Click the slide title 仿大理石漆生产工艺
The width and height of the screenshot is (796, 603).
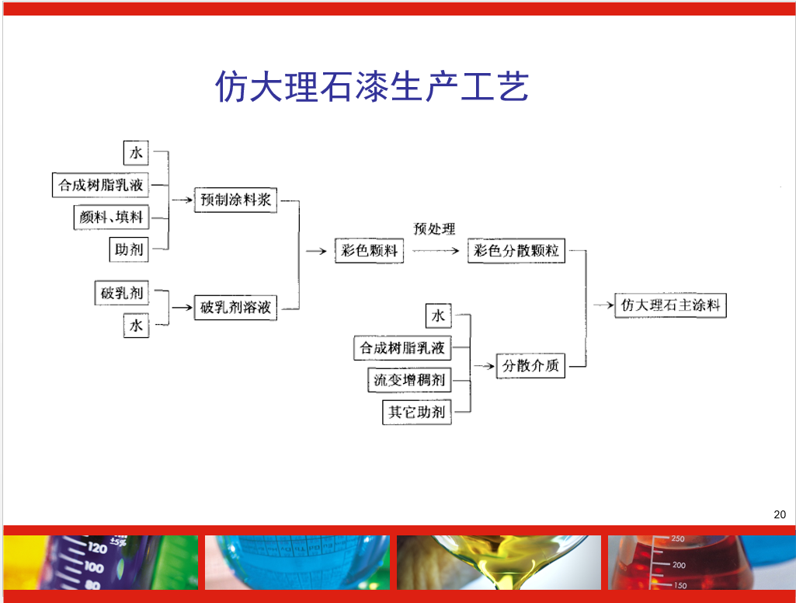coord(371,87)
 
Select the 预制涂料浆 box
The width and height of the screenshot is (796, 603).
coord(235,200)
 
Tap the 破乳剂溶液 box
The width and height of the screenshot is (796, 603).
coord(235,308)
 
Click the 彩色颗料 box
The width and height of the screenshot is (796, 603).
coord(370,251)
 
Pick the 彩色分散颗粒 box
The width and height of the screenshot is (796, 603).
coord(516,251)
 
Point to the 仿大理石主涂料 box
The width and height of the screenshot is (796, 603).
coord(670,305)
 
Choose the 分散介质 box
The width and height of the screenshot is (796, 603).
coord(530,365)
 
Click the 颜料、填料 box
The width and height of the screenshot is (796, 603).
coord(111,218)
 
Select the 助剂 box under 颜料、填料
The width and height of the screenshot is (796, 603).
coord(129,250)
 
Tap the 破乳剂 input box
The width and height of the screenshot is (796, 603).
coord(121,293)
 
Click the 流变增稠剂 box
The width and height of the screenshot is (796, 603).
coord(408,380)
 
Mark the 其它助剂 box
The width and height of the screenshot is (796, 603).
coord(417,412)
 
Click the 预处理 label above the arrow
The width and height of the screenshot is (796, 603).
coord(434,229)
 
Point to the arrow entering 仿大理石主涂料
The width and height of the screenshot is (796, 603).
coord(603,305)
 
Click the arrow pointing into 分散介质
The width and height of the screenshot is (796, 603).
coord(485,365)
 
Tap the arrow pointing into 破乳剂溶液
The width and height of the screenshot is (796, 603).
coord(182,308)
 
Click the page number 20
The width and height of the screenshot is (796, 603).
coord(780,514)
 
